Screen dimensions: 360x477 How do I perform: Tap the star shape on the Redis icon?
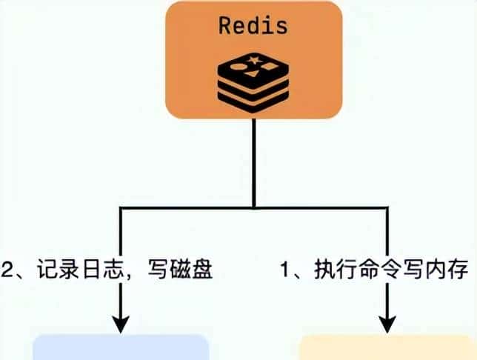tap(256, 58)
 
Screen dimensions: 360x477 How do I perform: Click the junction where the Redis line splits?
tap(253, 208)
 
